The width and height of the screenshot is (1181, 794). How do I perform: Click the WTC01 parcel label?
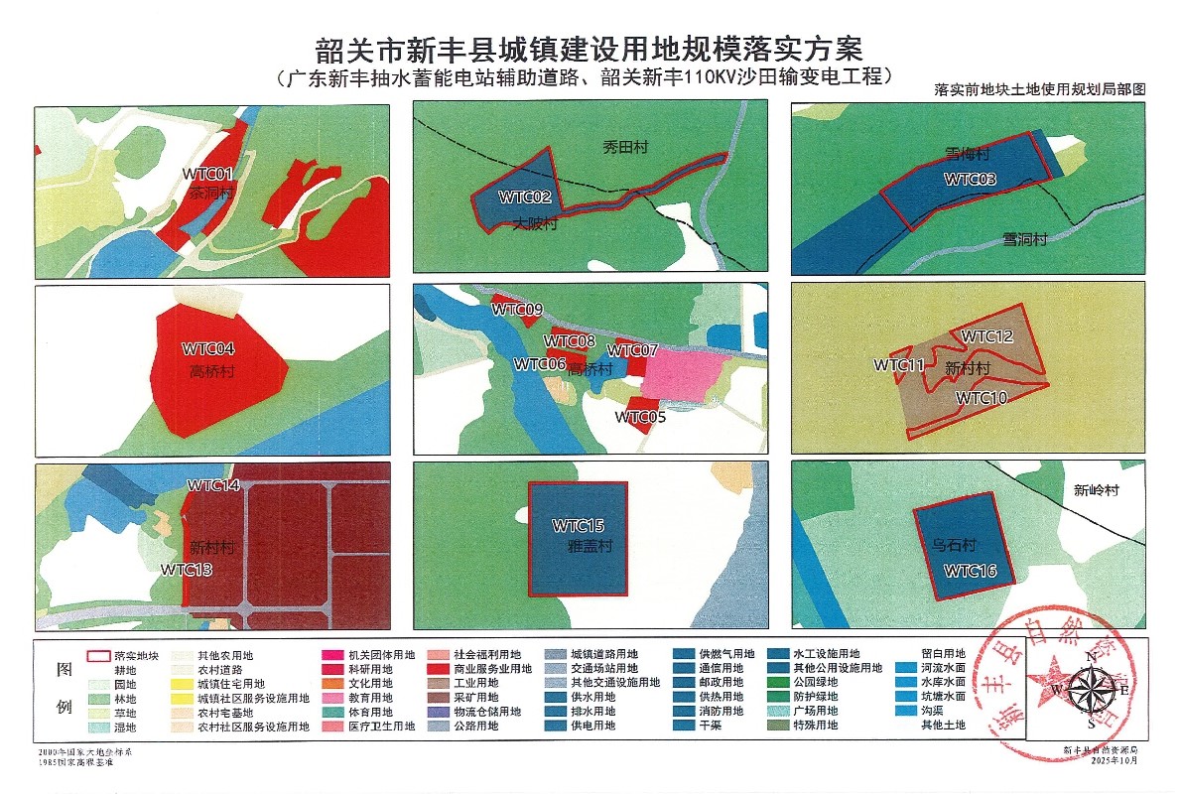[x=207, y=174]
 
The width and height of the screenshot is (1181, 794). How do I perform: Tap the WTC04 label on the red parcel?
[x=208, y=349]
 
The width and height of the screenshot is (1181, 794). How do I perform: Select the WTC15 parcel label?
[x=579, y=525]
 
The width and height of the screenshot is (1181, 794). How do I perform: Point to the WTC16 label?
[x=970, y=571]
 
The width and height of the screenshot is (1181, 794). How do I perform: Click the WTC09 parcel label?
[x=517, y=311]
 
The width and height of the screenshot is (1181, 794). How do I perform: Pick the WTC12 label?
[x=986, y=337]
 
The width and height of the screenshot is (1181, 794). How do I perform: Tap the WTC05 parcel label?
[x=640, y=417]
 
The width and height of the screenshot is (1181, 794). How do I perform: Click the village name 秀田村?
[x=625, y=147]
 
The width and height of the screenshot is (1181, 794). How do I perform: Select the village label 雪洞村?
[x=1024, y=239]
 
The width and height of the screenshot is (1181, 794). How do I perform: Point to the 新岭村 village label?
[x=1097, y=490]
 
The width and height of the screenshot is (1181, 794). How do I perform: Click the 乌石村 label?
[x=956, y=546]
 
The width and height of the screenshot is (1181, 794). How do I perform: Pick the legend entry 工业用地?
[x=476, y=683]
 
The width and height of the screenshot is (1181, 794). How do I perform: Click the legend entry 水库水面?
[x=943, y=683]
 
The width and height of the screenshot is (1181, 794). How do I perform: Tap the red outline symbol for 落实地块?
[x=97, y=656]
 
